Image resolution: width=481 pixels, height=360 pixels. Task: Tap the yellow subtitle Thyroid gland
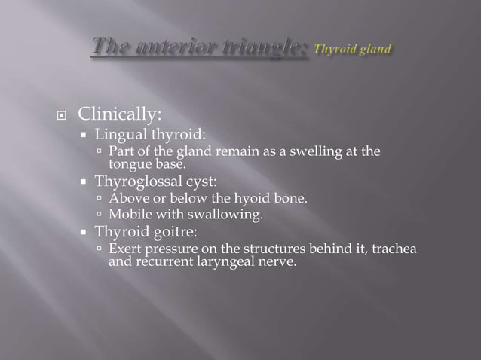click(x=352, y=50)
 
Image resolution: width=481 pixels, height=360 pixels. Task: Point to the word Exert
click(x=125, y=249)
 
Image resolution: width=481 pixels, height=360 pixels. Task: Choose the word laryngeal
click(x=222, y=263)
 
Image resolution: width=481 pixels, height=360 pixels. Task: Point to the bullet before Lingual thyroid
click(x=84, y=136)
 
